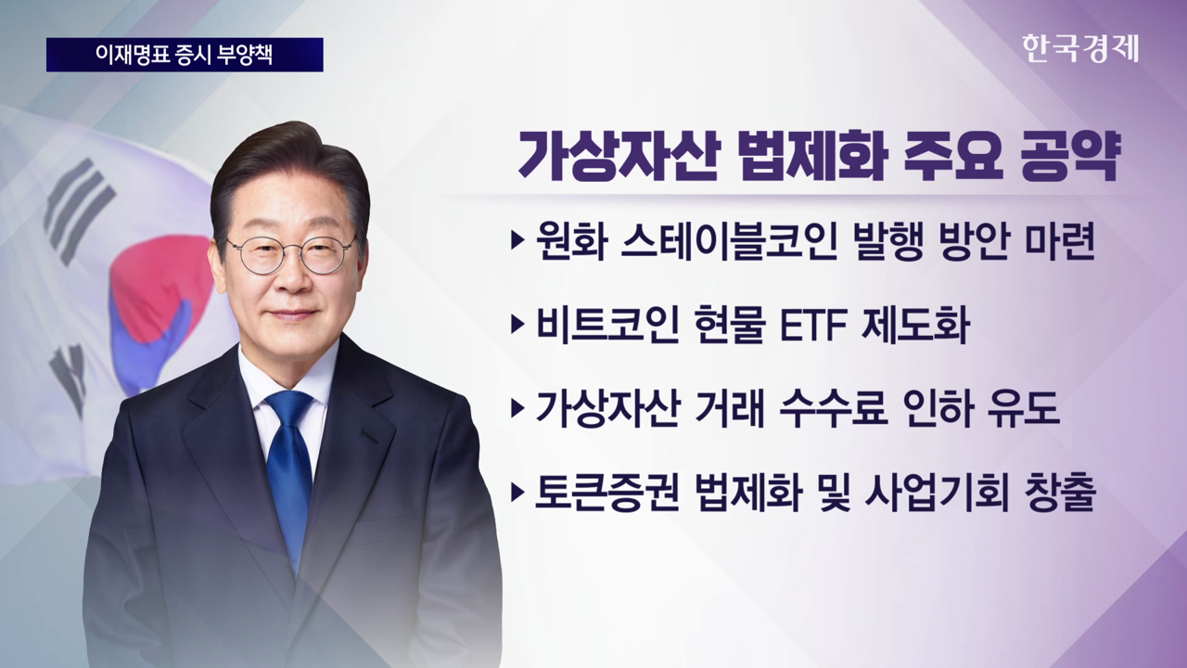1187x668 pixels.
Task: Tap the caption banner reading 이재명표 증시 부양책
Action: [185, 55]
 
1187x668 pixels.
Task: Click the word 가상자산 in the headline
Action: [614, 155]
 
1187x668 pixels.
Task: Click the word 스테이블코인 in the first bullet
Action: [728, 244]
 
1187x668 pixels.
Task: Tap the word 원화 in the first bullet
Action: [570, 244]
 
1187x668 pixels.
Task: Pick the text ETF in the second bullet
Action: [814, 326]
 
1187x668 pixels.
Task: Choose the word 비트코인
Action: [606, 325]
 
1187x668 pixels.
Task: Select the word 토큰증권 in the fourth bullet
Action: [607, 493]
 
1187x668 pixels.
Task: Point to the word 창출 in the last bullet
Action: [1060, 493]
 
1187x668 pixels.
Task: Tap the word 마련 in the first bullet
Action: [1060, 244]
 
